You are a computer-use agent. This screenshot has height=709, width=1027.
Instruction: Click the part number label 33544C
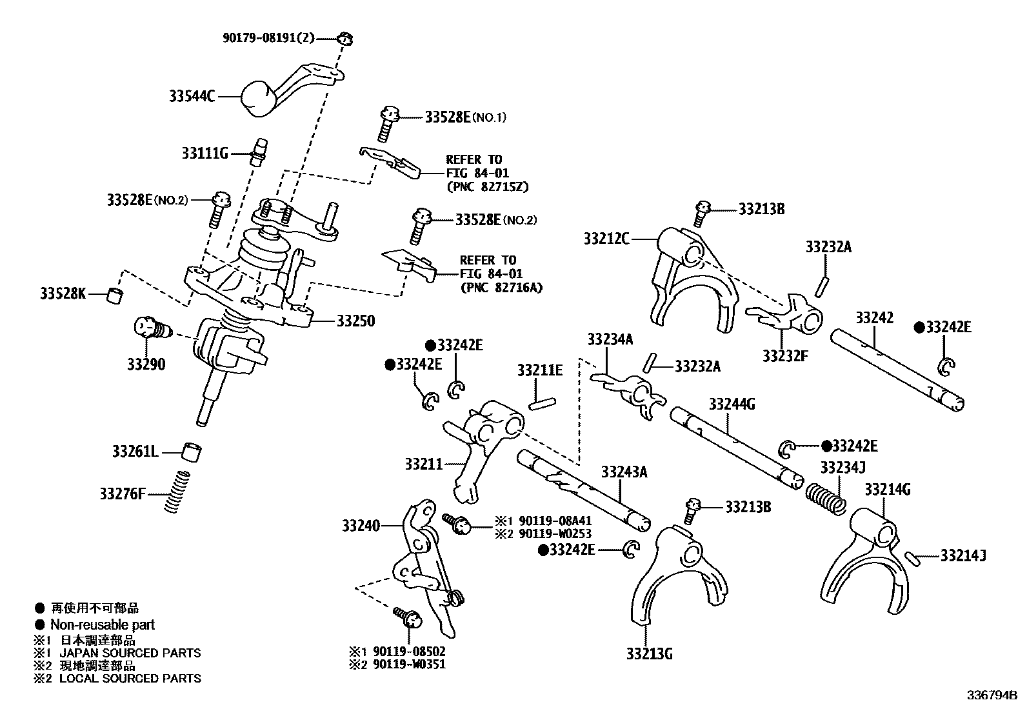click(x=192, y=97)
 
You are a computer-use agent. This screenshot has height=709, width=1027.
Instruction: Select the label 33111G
click(x=204, y=154)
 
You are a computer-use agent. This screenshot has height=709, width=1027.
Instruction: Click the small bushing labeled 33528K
click(x=115, y=295)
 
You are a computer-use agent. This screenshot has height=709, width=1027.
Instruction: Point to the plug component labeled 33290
click(x=150, y=329)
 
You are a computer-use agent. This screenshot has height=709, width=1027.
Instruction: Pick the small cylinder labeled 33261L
click(x=191, y=452)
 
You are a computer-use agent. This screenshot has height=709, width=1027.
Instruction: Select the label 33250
click(x=355, y=321)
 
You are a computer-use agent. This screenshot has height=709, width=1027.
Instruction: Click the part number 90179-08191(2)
click(x=268, y=38)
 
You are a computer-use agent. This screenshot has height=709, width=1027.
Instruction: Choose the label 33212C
click(x=606, y=239)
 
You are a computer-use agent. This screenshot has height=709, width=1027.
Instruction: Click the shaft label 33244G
click(x=732, y=404)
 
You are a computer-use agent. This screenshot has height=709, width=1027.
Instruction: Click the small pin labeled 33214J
click(x=912, y=557)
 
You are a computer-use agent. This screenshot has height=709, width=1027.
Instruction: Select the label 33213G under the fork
click(x=648, y=654)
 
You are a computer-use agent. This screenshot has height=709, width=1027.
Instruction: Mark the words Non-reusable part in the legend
click(x=103, y=624)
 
